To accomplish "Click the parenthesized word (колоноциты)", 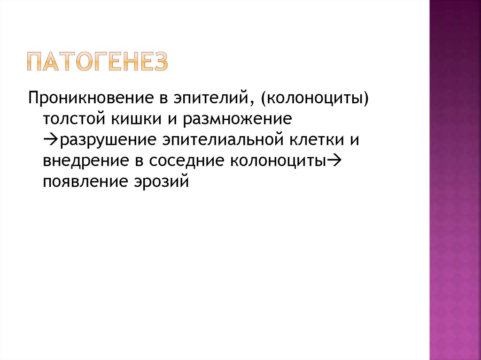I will (314, 98).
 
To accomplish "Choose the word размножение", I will (237, 119).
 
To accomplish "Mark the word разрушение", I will (106, 139).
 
